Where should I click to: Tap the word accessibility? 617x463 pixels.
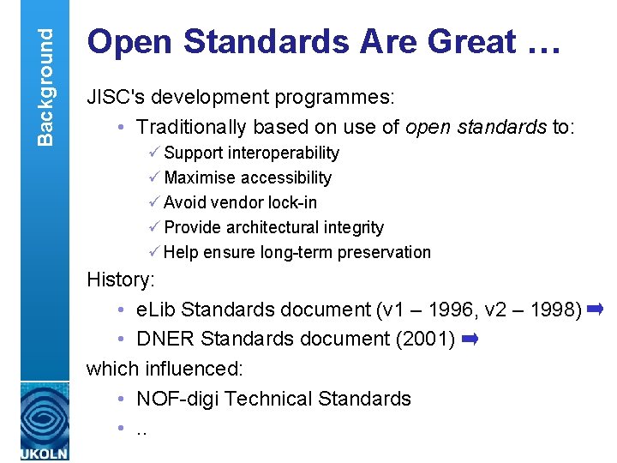click(x=286, y=177)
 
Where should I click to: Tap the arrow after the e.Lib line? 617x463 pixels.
click(x=596, y=309)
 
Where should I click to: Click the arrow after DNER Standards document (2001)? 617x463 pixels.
click(x=469, y=340)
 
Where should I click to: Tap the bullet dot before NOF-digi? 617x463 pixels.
click(x=123, y=400)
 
